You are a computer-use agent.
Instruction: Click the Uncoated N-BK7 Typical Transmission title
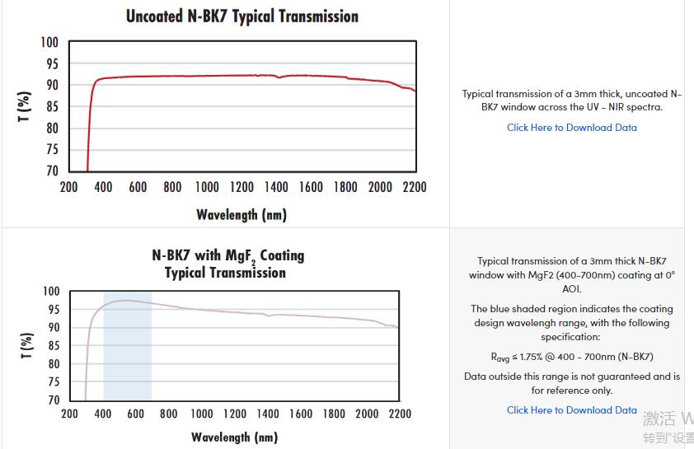tap(241, 16)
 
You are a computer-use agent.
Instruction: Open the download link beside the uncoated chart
tap(571, 128)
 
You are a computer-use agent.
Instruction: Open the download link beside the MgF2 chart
tap(571, 410)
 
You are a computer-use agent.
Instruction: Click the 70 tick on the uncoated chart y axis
tap(51, 171)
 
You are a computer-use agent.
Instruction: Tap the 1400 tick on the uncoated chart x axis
tap(276, 187)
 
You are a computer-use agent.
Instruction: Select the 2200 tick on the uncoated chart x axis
tap(414, 187)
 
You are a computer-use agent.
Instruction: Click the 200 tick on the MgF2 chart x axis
tap(69, 414)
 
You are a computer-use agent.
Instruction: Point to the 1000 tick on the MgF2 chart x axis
tap(201, 414)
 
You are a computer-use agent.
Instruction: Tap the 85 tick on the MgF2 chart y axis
tap(52, 345)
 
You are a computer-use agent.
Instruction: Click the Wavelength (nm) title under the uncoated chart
tap(241, 215)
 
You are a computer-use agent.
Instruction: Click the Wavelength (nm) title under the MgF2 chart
tap(235, 437)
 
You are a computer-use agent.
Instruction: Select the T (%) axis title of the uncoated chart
tap(26, 107)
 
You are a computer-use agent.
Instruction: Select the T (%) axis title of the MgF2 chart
tap(27, 346)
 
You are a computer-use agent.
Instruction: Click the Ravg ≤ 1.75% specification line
tap(571, 358)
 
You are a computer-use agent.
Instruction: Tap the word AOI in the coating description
tap(572, 289)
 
